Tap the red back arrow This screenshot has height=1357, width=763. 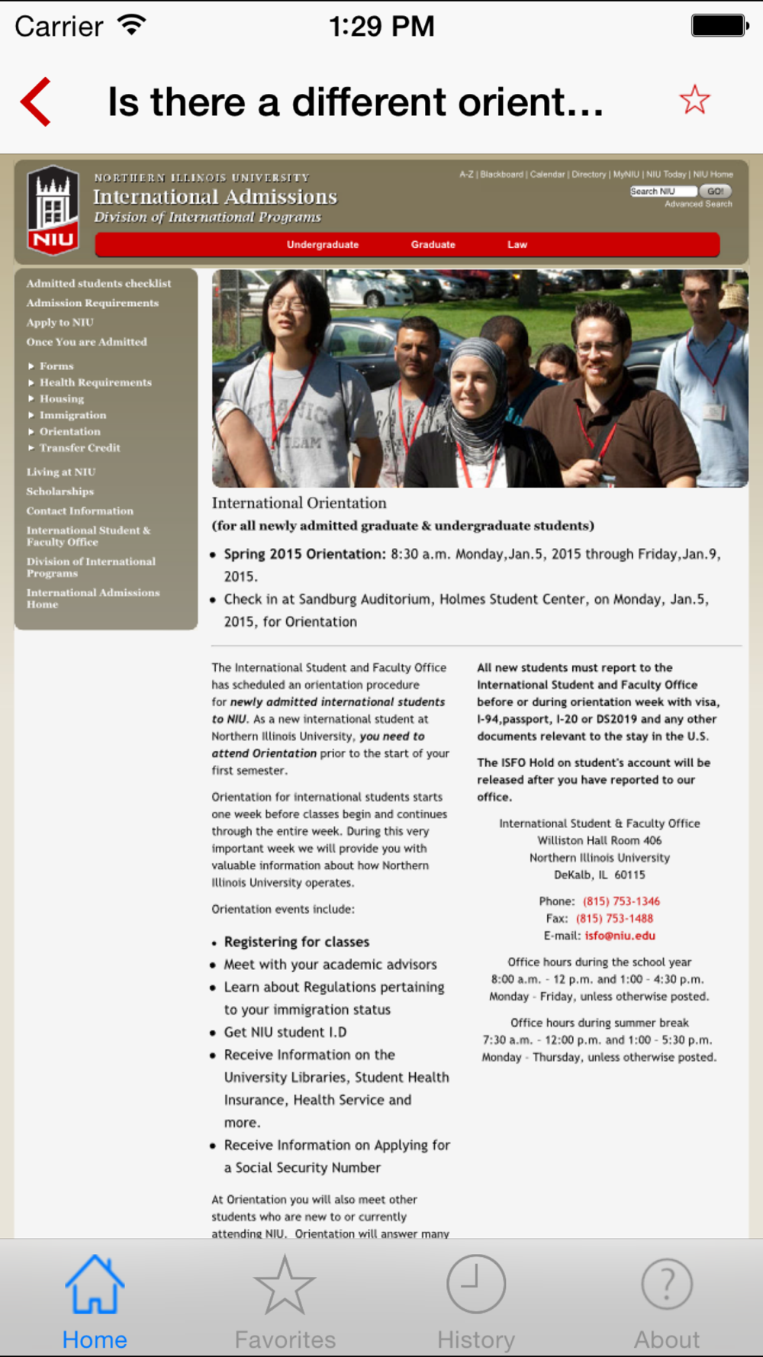36,102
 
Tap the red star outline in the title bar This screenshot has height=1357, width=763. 694,100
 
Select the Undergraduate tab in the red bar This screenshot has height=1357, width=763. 322,245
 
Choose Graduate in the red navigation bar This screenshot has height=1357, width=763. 433,245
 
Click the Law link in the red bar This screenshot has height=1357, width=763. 517,245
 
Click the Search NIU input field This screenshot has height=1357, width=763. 662,192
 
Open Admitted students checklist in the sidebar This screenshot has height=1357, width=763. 98,283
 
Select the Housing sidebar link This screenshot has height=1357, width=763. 62,399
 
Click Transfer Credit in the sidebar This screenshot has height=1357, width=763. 79,448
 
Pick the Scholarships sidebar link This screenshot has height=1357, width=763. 60,492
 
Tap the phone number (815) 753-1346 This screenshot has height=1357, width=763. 621,901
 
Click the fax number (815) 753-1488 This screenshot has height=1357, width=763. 614,919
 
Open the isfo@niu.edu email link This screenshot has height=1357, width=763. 620,936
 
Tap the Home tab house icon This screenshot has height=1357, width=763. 95,1285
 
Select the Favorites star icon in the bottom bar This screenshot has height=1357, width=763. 285,1285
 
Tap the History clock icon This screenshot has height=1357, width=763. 476,1285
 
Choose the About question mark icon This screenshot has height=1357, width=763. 667,1285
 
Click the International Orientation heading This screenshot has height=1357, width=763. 299,503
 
